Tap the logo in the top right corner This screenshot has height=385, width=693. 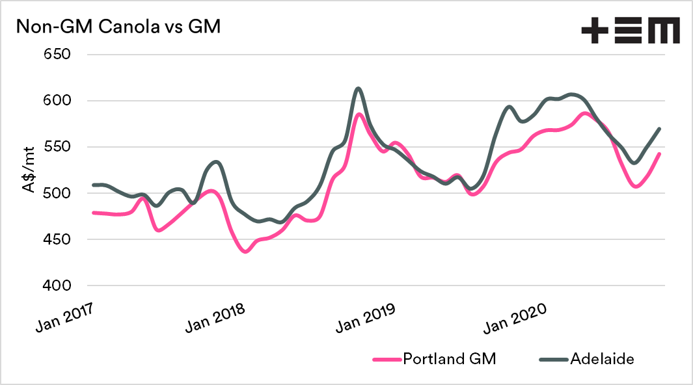[x=630, y=31]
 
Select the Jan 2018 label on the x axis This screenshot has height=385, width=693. [x=217, y=315]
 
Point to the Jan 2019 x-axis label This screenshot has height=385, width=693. [x=366, y=315]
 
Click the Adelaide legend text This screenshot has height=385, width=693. [x=602, y=359]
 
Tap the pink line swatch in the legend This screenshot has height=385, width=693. [x=386, y=359]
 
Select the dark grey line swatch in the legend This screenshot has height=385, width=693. [x=552, y=359]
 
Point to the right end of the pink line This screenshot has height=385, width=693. [x=659, y=154]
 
